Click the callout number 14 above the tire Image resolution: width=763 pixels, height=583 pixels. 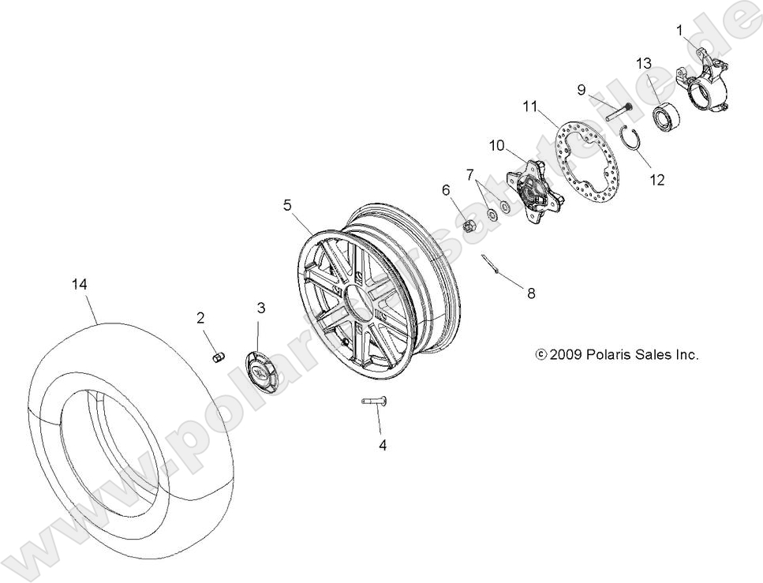click(x=79, y=286)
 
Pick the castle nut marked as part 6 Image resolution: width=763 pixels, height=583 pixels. click(x=468, y=227)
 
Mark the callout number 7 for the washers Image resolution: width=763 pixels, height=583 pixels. click(x=469, y=174)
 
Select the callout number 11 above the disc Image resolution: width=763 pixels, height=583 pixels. click(x=529, y=106)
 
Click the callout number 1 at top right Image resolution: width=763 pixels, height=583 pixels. click(x=679, y=30)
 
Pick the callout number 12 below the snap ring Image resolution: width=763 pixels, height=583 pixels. click(x=657, y=180)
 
